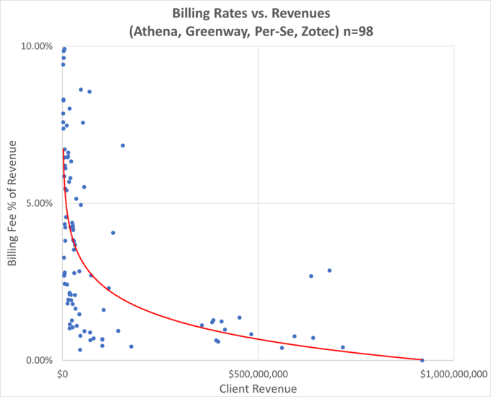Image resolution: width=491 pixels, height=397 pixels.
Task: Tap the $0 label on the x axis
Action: click(x=62, y=373)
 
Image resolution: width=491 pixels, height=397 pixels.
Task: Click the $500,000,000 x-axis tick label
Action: click(x=258, y=373)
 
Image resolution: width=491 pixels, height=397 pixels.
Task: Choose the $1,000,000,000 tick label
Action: click(x=453, y=373)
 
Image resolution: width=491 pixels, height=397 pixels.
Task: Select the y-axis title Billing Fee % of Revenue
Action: click(x=13, y=203)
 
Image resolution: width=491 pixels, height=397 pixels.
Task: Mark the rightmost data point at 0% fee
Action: click(x=422, y=360)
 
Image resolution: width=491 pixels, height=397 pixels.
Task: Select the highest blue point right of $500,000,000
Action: click(x=329, y=270)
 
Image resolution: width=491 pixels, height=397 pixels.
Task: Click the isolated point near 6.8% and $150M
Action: click(x=123, y=145)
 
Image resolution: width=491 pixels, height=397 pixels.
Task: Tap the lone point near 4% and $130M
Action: click(x=113, y=233)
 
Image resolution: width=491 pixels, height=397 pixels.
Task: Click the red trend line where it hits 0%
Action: click(x=421, y=359)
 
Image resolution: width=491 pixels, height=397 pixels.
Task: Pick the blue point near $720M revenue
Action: click(x=343, y=347)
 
